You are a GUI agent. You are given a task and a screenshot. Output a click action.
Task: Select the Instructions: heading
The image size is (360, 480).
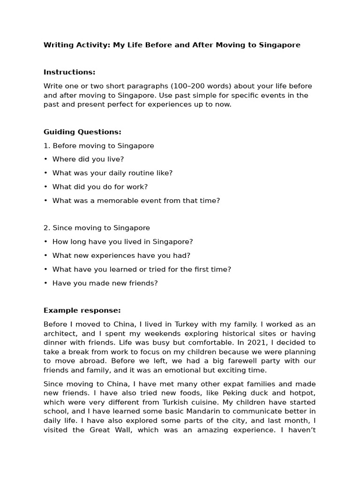click(x=69, y=72)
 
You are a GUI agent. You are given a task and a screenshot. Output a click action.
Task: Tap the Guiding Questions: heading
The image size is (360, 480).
click(x=82, y=132)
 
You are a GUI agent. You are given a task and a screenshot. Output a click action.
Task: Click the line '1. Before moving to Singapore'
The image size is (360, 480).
click(x=98, y=146)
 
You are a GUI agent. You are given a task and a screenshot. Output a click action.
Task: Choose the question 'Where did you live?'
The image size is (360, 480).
click(x=88, y=159)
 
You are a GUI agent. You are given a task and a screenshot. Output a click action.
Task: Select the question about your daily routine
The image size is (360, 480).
click(x=112, y=173)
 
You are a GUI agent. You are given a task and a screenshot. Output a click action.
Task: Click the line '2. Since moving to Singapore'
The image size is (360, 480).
click(x=97, y=228)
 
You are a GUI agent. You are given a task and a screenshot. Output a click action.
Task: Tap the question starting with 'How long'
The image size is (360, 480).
click(x=122, y=242)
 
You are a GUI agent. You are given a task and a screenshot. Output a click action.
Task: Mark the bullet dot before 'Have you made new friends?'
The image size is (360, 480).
click(x=46, y=283)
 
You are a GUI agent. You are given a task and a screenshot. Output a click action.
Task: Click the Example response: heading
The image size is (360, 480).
click(x=82, y=310)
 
